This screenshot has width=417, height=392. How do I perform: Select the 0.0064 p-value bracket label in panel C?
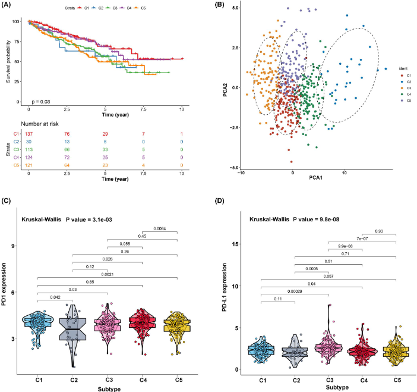[x=160, y=230]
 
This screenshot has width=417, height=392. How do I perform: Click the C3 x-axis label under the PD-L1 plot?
[x=328, y=378]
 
